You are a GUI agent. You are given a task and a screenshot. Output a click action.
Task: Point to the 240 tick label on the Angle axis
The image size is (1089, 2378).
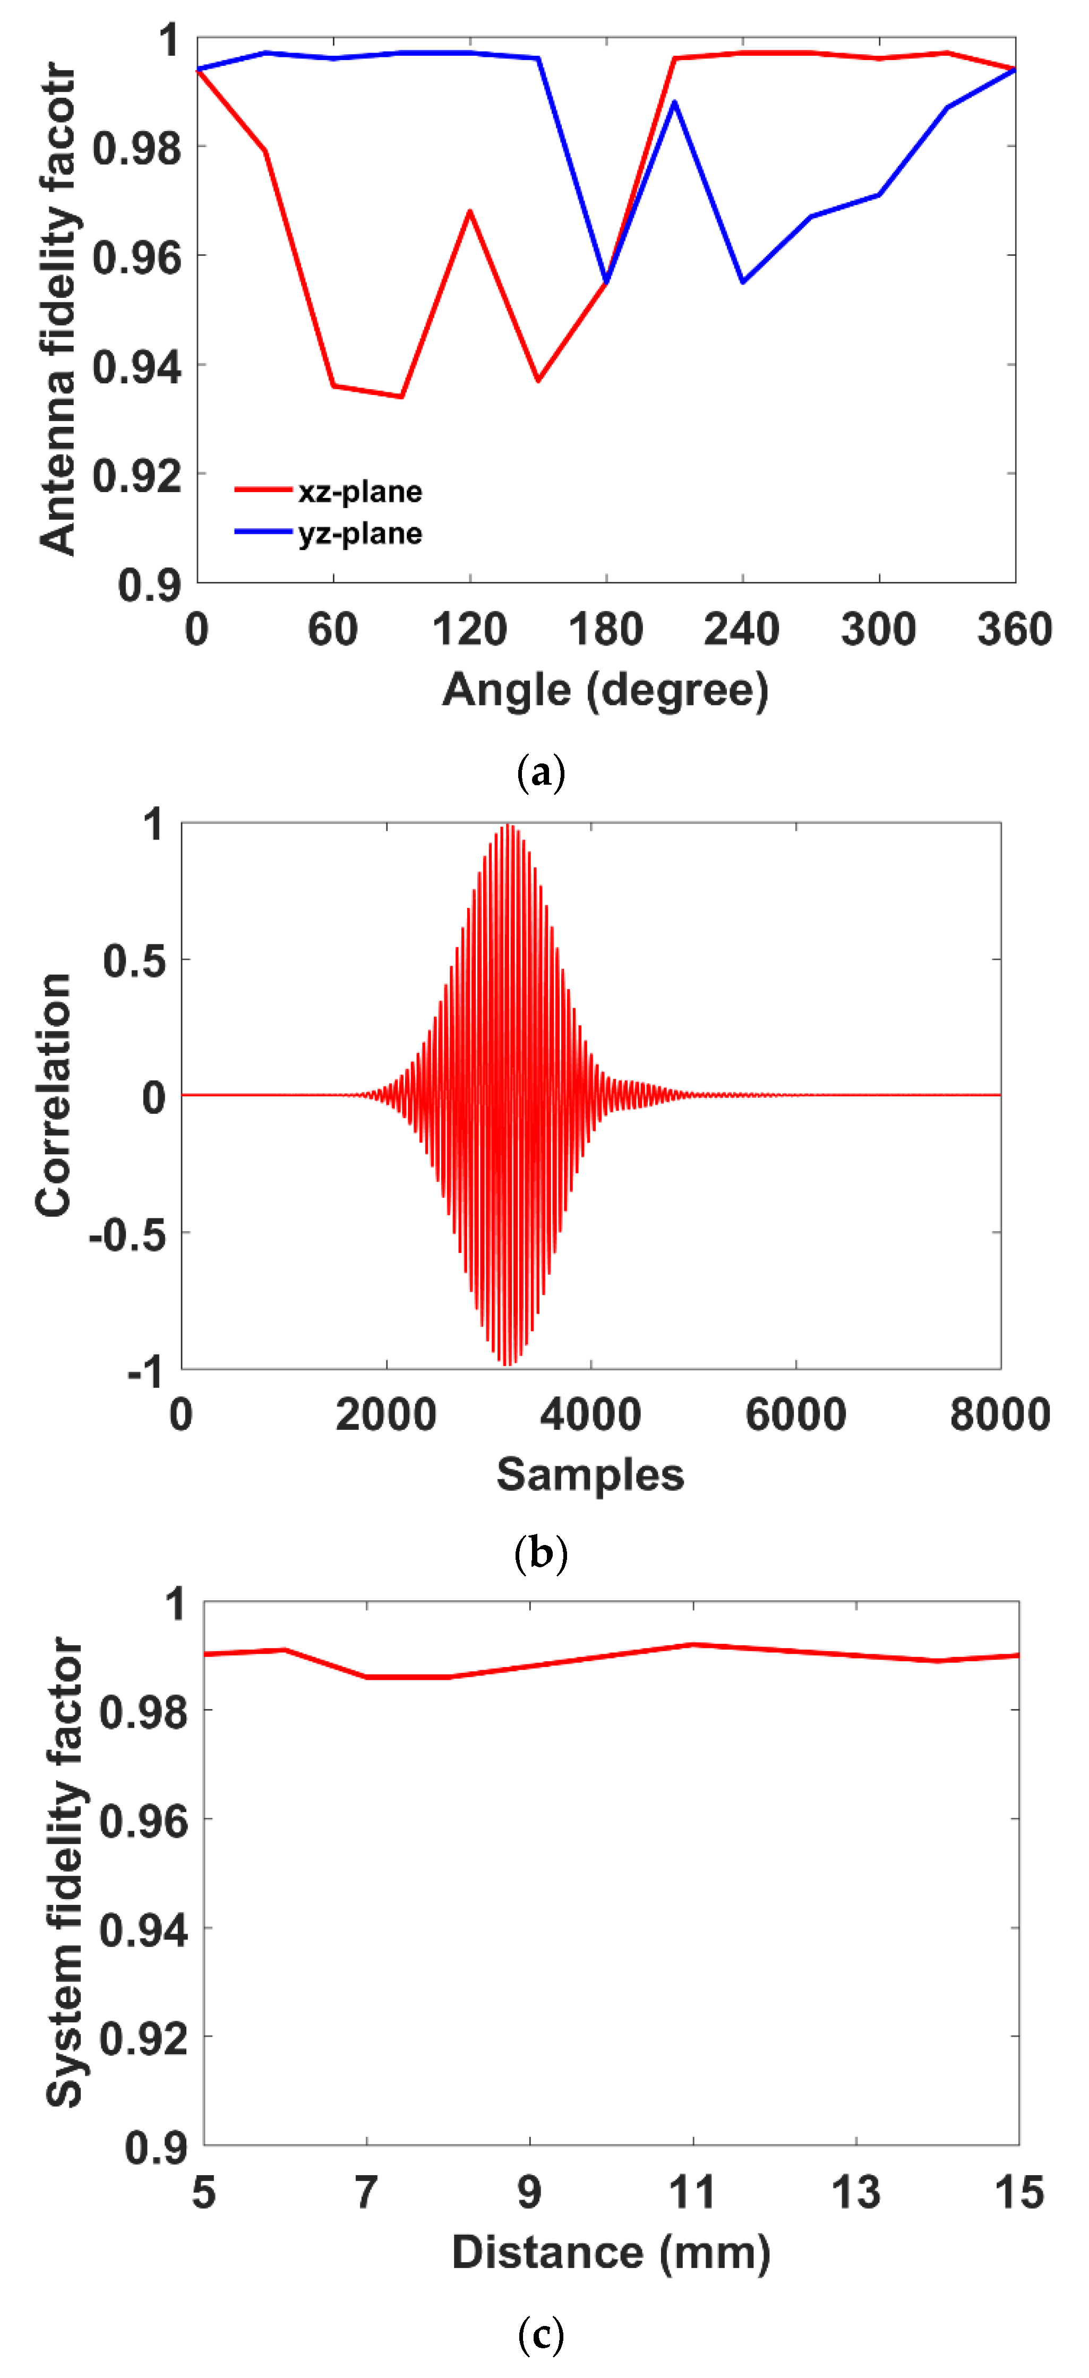pyautogui.click(x=742, y=630)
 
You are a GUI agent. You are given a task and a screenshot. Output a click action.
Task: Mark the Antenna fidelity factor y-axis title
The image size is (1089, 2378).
pyautogui.click(x=57, y=309)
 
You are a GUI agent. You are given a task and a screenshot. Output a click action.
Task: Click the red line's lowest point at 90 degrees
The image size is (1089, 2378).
pyautogui.click(x=401, y=397)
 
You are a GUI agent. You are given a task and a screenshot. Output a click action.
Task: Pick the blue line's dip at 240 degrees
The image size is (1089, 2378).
pyautogui.click(x=743, y=281)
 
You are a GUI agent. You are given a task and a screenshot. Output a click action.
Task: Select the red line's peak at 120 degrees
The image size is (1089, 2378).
pyautogui.click(x=470, y=211)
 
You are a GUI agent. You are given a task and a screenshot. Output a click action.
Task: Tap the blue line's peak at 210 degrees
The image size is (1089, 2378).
pyautogui.click(x=675, y=101)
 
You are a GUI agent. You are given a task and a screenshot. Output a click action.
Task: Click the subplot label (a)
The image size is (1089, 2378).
pyautogui.click(x=541, y=772)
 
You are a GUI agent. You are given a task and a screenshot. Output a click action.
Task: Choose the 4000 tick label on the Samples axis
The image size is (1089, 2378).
pyautogui.click(x=590, y=1415)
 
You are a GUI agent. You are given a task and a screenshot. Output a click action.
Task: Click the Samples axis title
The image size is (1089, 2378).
pyautogui.click(x=590, y=1474)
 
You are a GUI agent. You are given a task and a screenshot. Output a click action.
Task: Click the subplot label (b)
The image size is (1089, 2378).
pyautogui.click(x=541, y=1553)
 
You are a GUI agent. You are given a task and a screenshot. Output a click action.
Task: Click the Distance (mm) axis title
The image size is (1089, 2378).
pyautogui.click(x=611, y=2253)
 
